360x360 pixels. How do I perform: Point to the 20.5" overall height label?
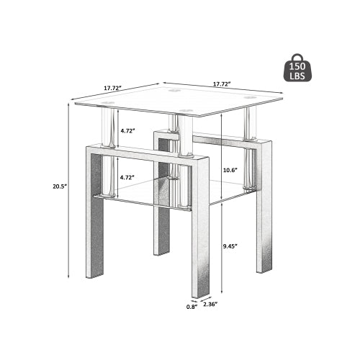click(x=60, y=186)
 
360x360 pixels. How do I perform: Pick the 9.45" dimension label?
click(x=231, y=245)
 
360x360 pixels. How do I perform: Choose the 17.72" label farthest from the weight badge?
click(x=112, y=88)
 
